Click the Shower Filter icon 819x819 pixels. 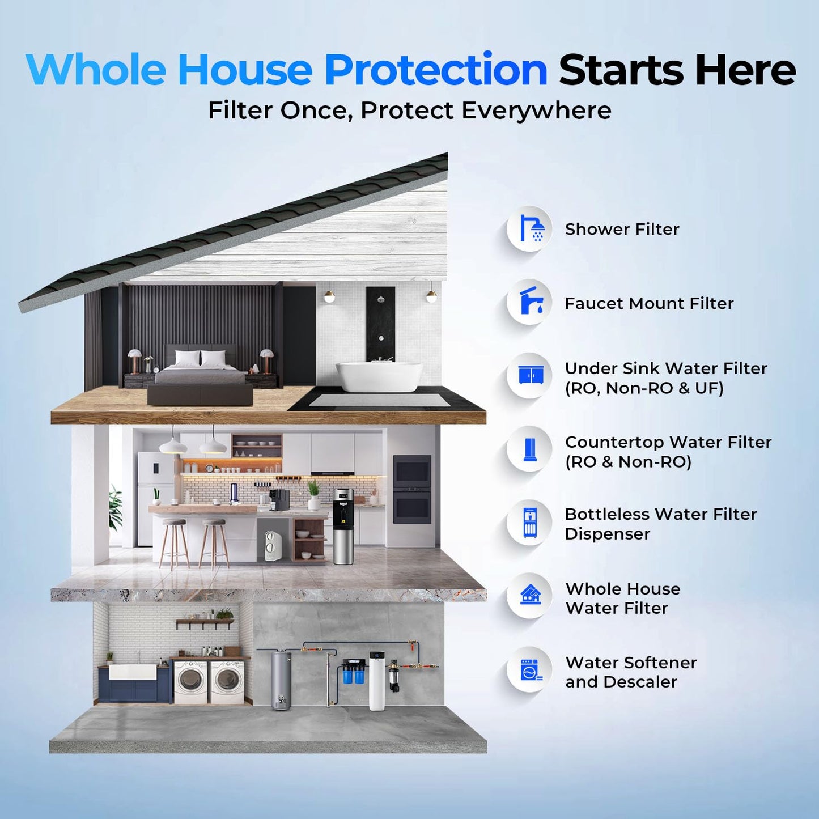(529, 228)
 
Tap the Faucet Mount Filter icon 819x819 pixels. (529, 302)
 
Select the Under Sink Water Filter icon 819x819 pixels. (529, 375)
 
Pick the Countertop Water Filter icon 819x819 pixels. (529, 449)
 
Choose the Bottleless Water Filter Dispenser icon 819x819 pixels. (529, 522)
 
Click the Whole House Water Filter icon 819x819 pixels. (529, 596)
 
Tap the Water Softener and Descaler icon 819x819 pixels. (529, 669)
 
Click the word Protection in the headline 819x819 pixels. (435, 70)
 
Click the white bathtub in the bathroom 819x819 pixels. (379, 376)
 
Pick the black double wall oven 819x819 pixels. (411, 489)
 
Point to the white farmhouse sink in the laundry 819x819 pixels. (132, 672)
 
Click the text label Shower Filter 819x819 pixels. (622, 229)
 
